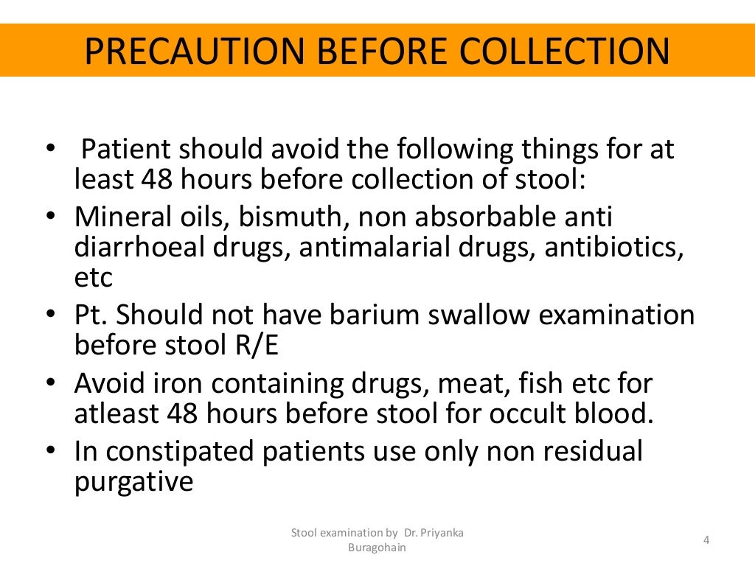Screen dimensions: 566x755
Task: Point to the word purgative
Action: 133,483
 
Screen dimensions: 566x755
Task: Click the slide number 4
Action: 706,541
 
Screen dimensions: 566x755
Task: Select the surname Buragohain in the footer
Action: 377,548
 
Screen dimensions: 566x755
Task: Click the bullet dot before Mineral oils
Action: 50,219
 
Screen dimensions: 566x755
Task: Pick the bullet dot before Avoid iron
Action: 50,384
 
